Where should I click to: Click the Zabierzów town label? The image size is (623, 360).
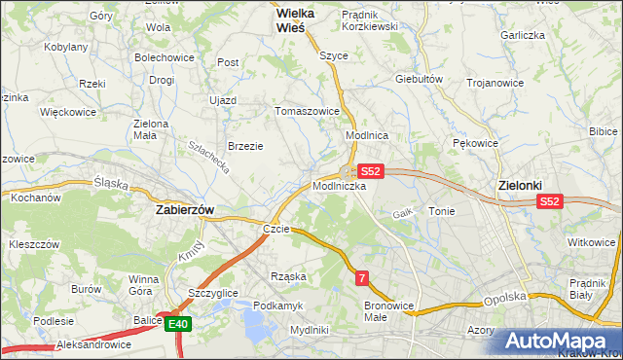coord(185,209)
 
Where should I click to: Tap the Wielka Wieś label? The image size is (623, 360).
coord(277,21)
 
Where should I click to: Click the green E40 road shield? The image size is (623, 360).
coord(176,325)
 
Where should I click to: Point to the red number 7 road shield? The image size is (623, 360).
coord(362,278)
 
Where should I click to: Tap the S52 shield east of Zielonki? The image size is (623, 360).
coord(550,201)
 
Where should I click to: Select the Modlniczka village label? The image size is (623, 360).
coord(339,185)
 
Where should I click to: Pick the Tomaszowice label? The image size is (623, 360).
coord(309,111)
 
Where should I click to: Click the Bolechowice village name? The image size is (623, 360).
coord(165,57)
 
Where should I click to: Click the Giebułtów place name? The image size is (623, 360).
coord(420,79)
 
